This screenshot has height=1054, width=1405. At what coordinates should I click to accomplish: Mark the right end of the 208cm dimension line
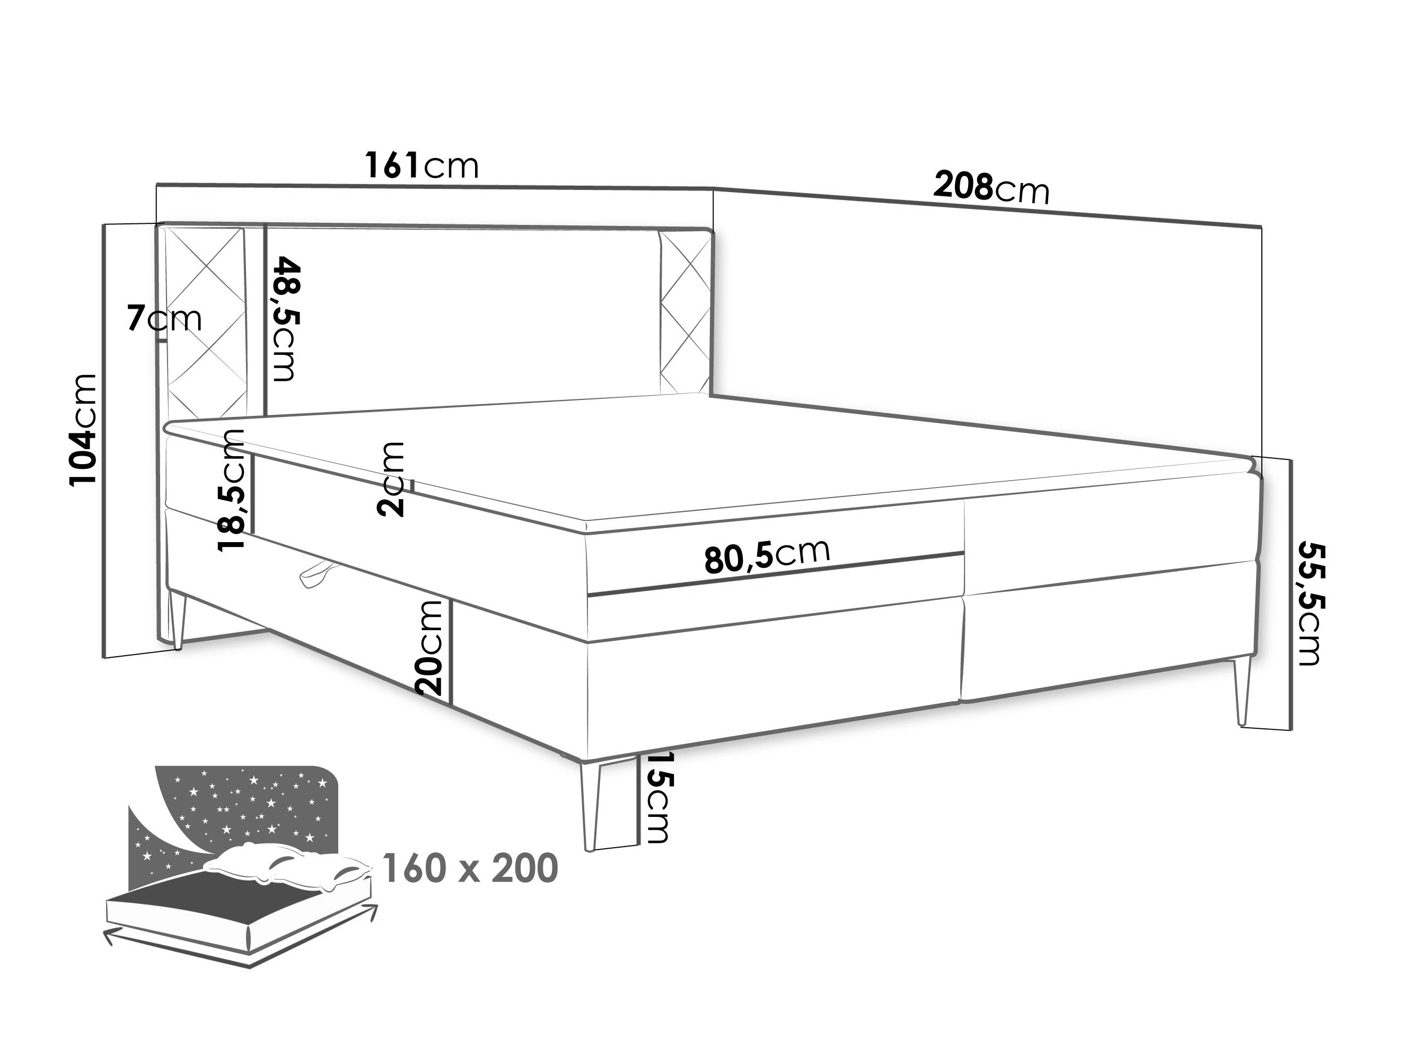pos(1261,227)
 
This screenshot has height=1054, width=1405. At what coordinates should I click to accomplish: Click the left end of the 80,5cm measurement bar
pos(589,595)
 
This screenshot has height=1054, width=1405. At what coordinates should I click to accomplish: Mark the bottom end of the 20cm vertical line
pos(452,704)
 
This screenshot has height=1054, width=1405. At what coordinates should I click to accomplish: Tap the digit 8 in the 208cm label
pos(982,186)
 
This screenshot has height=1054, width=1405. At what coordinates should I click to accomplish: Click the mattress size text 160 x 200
pos(471,868)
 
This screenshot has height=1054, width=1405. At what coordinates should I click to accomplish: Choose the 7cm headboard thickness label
pos(164,318)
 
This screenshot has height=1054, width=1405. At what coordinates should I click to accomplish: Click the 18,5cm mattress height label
pos(230,490)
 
